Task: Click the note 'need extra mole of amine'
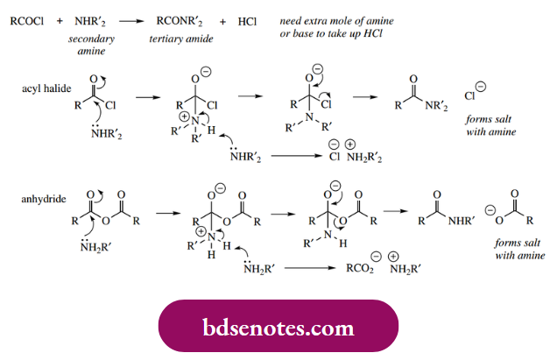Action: tap(334, 18)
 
